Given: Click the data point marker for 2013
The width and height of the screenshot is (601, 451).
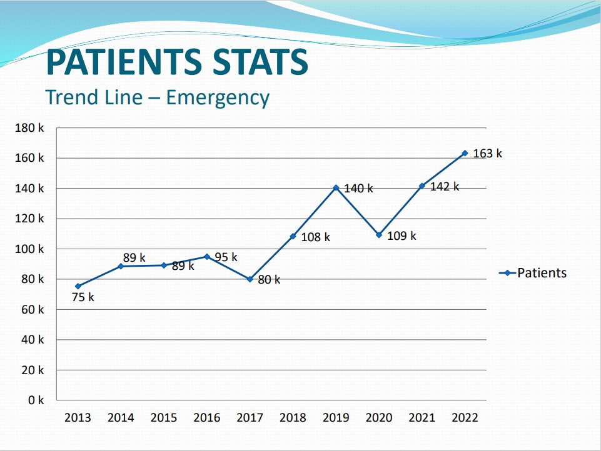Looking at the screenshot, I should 78,286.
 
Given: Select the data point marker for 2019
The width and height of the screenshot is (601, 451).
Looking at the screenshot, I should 336,187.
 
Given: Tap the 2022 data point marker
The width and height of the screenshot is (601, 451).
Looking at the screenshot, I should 465,153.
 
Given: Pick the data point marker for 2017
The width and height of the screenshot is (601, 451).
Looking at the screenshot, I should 250,279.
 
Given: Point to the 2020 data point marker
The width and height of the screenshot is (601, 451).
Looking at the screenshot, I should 379,235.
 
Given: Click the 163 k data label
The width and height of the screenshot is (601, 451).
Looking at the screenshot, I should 487,154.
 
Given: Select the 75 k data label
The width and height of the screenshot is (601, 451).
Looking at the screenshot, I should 83,297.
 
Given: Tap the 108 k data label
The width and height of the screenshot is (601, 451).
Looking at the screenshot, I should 315,237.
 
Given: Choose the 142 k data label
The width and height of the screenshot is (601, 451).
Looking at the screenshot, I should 445,187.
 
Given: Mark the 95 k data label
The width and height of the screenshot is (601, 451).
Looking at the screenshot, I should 226,257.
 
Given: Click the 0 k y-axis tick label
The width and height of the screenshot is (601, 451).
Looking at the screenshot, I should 36,400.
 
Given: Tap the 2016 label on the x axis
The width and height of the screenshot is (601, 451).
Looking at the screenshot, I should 207,418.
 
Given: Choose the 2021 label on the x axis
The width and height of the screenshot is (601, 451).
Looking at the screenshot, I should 422,418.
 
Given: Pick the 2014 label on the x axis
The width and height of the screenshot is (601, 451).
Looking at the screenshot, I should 121,418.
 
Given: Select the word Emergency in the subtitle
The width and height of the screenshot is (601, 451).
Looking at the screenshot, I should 218,97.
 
